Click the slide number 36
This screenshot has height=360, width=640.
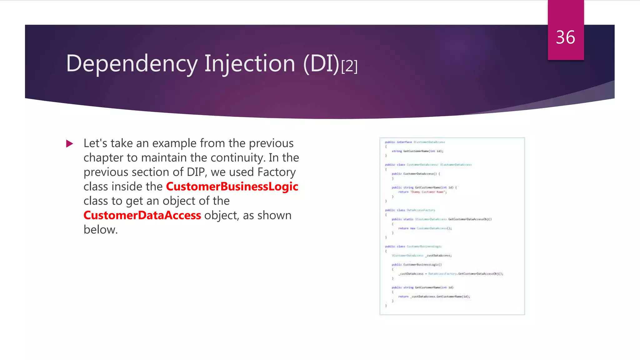coord(565,37)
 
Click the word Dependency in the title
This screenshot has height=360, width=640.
coord(132,64)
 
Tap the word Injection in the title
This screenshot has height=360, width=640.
coord(250,64)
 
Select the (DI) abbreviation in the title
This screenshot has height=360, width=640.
coord(321,64)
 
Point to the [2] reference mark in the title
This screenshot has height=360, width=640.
coord(349,66)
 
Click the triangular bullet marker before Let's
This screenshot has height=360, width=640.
coord(70,144)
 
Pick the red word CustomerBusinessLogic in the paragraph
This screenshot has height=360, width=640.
coord(232,187)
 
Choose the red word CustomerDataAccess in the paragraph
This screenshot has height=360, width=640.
coord(142,215)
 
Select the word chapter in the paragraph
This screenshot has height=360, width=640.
coord(103,158)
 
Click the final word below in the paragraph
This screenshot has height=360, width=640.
coord(100,230)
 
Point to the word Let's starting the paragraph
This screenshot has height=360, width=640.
coord(95,143)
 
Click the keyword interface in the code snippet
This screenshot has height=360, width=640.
coord(404,142)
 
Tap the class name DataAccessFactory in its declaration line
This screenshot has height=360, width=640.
coord(421,210)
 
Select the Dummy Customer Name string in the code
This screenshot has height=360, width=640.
coord(428,192)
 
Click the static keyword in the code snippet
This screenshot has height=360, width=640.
coord(408,219)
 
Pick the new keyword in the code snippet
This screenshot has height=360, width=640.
coord(412,228)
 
